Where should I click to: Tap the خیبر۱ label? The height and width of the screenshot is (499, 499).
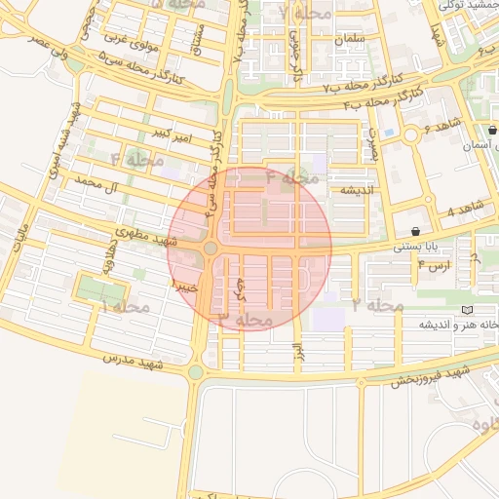(x=184, y=287)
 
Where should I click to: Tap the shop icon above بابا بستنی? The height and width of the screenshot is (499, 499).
(x=417, y=232)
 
